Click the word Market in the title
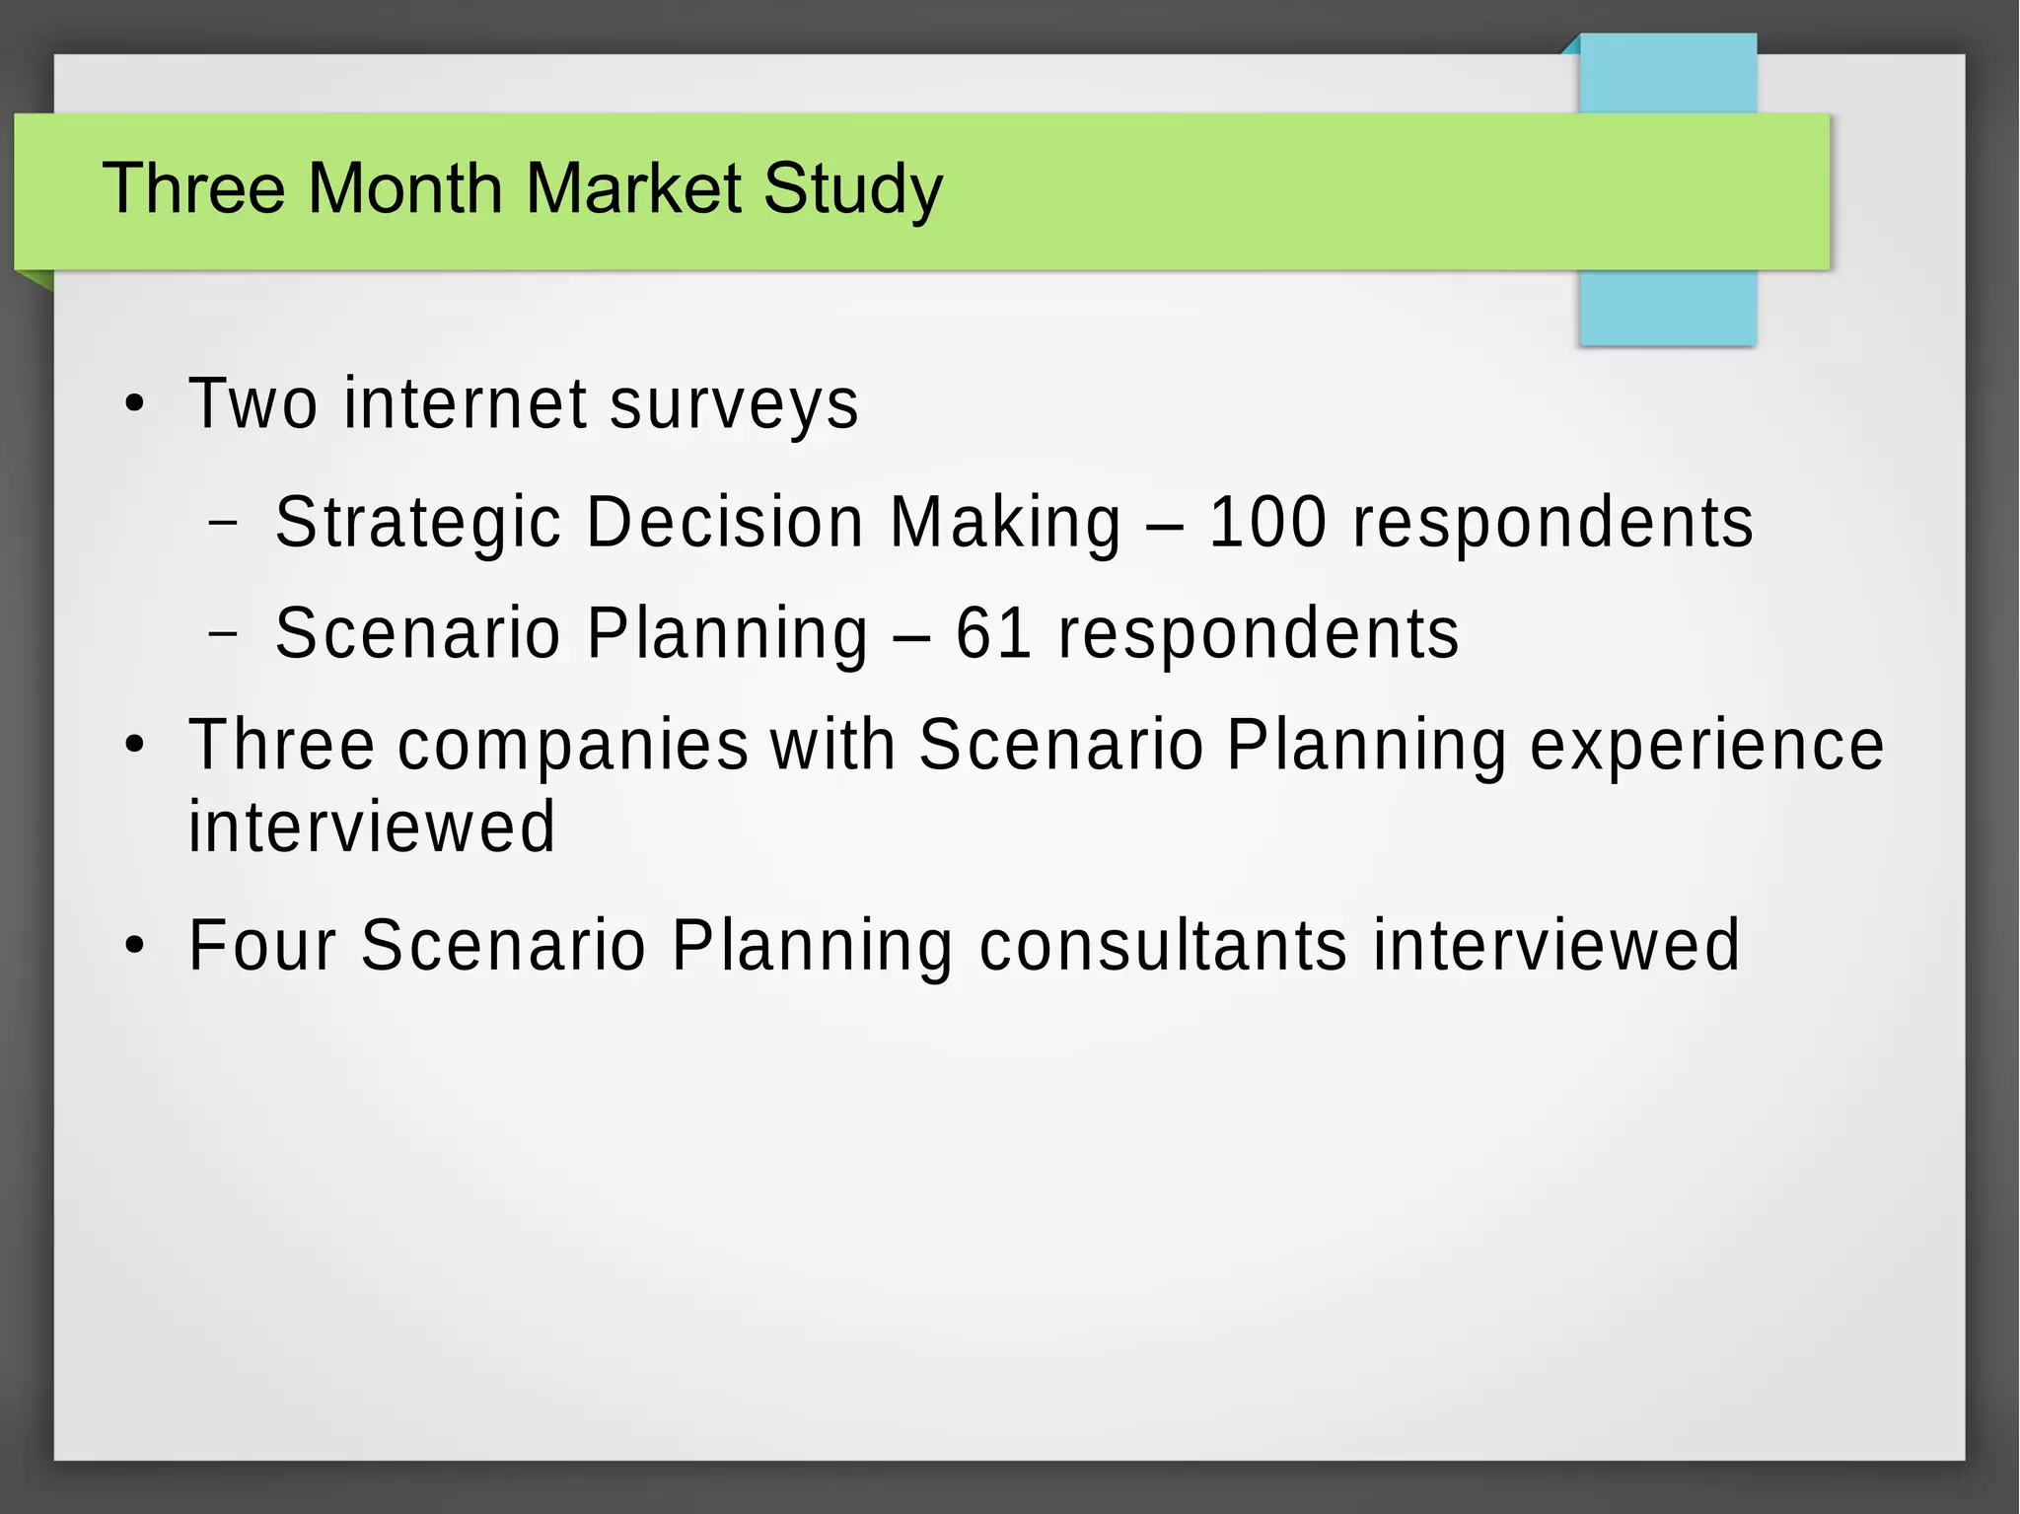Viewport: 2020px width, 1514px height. click(632, 187)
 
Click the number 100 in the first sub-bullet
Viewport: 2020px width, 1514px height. click(1267, 522)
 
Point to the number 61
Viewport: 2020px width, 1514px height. click(993, 633)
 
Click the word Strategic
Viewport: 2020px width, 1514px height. click(418, 523)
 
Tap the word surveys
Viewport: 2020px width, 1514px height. click(734, 404)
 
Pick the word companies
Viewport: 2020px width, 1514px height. click(573, 745)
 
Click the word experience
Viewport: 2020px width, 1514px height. click(1706, 745)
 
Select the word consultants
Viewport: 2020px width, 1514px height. click(1163, 945)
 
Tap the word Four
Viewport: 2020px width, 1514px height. click(262, 945)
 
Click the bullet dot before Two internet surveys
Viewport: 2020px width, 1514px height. click(135, 404)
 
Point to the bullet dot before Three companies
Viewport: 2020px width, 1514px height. click(135, 746)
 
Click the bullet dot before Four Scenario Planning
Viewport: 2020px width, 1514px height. click(135, 946)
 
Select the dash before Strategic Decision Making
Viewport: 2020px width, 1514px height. click(224, 522)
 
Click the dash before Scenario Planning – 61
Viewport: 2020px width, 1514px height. click(224, 633)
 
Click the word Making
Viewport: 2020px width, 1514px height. click(1005, 523)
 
